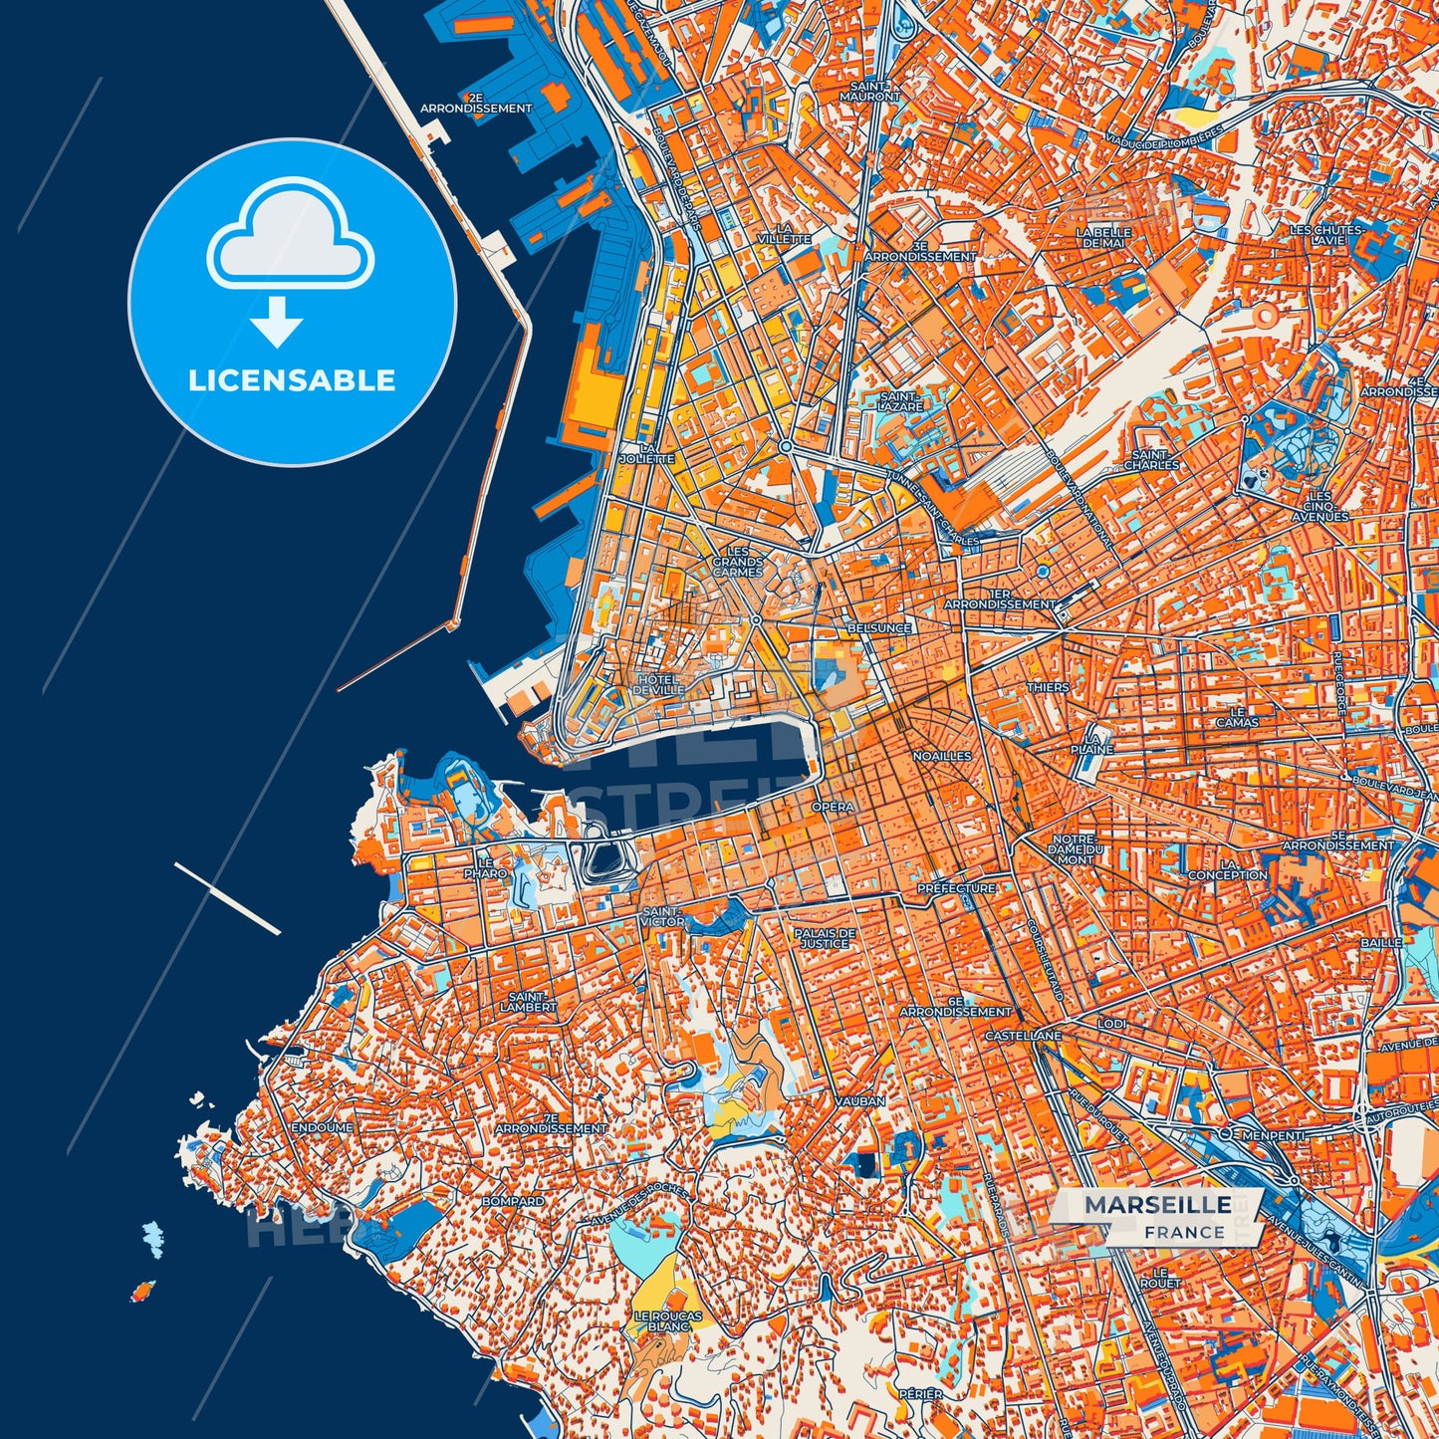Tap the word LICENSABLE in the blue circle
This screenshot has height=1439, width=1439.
(292, 380)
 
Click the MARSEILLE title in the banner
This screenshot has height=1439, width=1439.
(1157, 1205)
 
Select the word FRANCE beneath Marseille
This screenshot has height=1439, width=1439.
(1184, 1232)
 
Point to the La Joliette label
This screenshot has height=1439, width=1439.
(646, 454)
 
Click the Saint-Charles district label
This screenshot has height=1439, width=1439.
(1151, 460)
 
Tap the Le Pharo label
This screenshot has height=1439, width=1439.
(485, 867)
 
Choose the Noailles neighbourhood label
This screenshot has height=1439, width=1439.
(941, 756)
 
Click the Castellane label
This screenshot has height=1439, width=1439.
(1023, 1036)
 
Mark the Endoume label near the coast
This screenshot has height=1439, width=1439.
(322, 1127)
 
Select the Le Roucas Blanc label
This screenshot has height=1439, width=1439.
(668, 1321)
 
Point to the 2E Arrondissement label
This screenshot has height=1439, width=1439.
(476, 104)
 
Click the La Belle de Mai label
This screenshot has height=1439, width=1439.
(1099, 237)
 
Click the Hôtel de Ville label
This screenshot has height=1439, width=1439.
(658, 684)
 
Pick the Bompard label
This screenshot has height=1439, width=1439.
(512, 1202)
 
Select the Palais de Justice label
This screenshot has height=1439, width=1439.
(825, 938)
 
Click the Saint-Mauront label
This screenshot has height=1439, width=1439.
(869, 92)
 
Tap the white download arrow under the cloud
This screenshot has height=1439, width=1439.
(276, 321)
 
